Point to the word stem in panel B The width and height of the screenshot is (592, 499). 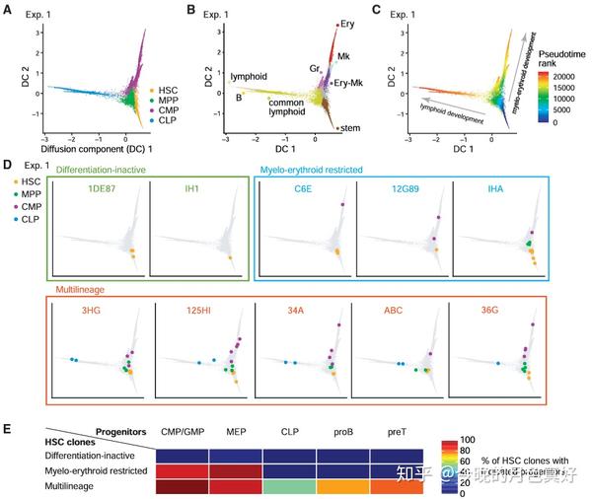(x=349, y=128)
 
